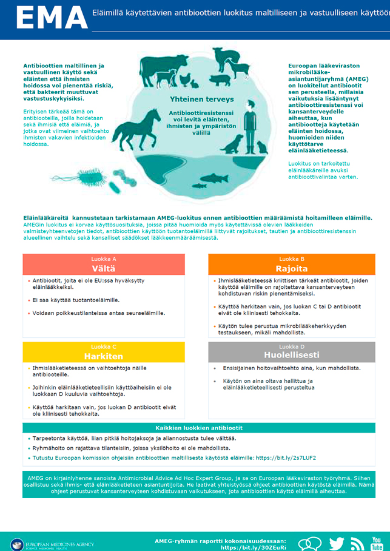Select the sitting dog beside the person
tap(234, 144)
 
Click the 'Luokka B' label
tap(292, 259)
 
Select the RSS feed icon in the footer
tap(357, 544)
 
